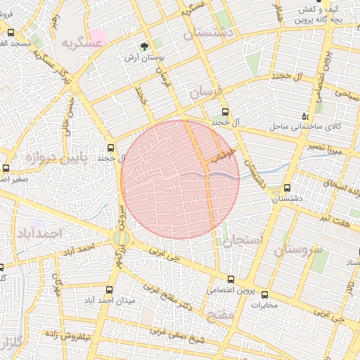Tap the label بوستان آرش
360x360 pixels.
pos(145,58)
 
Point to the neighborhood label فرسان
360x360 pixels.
pos(205,91)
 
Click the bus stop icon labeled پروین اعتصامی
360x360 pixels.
pos(231,279)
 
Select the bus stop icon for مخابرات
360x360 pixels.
pos(264,295)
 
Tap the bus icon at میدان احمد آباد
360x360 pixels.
pos(108,289)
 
